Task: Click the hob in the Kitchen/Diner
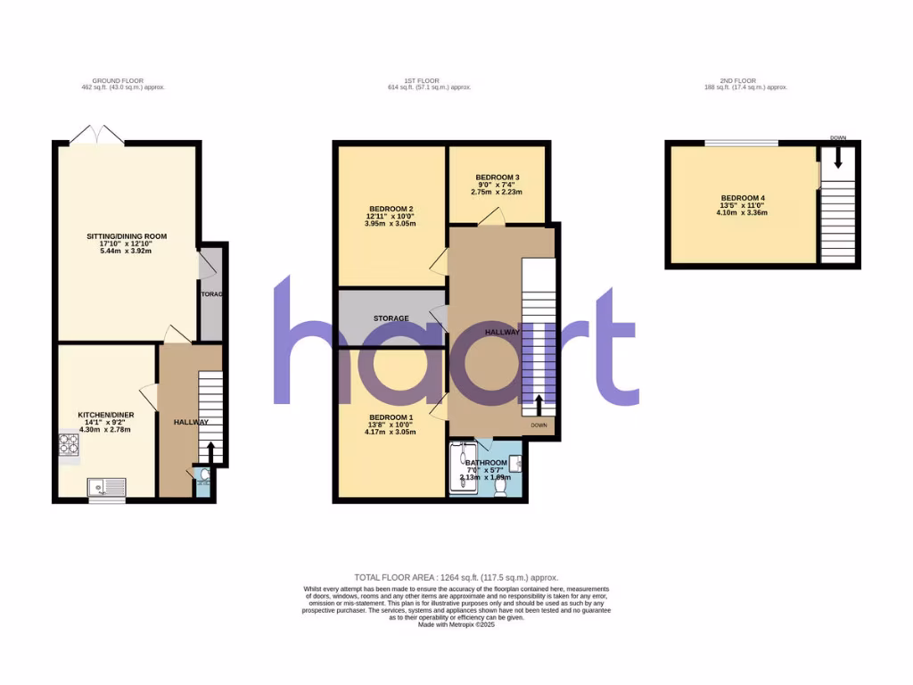click(68, 446)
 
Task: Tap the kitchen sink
click(106, 487)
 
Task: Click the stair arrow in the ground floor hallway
click(210, 450)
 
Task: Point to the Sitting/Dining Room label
click(126, 236)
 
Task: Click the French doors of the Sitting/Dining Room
click(98, 136)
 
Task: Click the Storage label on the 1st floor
click(391, 318)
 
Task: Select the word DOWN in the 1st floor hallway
click(539, 425)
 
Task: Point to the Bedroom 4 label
click(743, 198)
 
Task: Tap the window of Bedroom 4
click(741, 143)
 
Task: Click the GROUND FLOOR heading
click(125, 81)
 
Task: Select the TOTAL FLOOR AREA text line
click(456, 578)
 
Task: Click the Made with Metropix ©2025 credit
click(456, 624)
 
